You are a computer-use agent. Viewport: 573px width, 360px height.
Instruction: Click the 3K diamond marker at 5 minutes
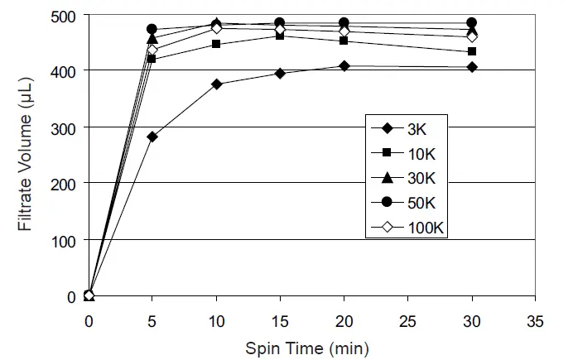click(x=152, y=137)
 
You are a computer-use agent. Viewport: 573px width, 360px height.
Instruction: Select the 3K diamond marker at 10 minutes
click(x=217, y=84)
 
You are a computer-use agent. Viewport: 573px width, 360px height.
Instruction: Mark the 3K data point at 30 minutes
click(x=472, y=67)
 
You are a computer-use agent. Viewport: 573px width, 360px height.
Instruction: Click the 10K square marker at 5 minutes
click(x=152, y=60)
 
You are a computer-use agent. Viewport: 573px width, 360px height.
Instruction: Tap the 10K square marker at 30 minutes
click(x=472, y=51)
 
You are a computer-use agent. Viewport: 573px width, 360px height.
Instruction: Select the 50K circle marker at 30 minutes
click(x=472, y=22)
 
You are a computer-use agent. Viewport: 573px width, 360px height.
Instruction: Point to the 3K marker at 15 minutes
click(x=281, y=74)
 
